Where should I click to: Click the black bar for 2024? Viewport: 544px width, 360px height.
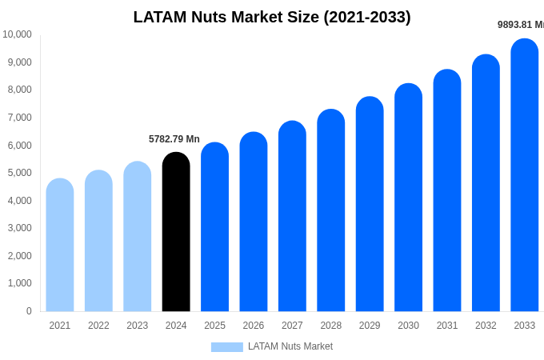[x=176, y=232]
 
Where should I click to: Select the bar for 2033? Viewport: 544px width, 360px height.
[x=525, y=175]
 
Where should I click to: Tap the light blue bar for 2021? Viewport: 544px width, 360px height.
[x=60, y=245]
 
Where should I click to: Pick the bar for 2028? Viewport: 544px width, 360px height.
[x=331, y=210]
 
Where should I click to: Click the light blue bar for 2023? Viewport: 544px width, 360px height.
[x=138, y=237]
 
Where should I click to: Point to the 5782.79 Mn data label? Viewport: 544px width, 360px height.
[x=174, y=139]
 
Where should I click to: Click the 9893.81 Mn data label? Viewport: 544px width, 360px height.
[x=520, y=25]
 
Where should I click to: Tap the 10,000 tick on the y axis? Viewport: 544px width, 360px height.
[x=17, y=34]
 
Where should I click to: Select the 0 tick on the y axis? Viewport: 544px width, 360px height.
[x=29, y=311]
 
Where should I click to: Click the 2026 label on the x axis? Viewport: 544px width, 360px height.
[x=254, y=326]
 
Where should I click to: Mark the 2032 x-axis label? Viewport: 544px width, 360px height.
[x=486, y=326]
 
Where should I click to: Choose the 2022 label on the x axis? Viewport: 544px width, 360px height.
[x=98, y=326]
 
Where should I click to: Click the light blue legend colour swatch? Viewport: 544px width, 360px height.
[x=226, y=347]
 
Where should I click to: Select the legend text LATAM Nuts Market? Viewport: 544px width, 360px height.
[x=290, y=346]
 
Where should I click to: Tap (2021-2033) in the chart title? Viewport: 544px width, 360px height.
[x=366, y=17]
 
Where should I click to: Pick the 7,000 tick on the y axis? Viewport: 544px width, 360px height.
[x=19, y=118]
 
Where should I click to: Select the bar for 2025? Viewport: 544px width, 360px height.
[x=214, y=227]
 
